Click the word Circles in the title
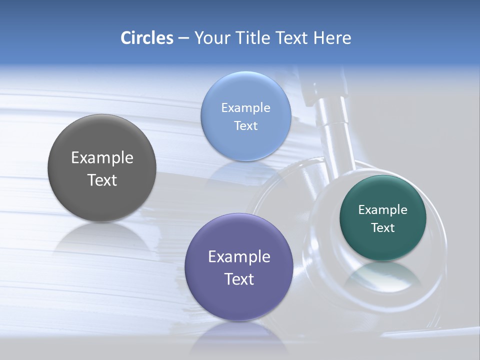point(147,38)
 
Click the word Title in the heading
point(253,38)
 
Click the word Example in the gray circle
point(102,158)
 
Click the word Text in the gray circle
point(102,180)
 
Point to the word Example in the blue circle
point(246,107)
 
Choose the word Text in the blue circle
point(246,125)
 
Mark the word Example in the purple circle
point(239,257)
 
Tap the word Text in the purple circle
point(239,279)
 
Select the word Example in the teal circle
point(383,209)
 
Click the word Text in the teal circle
point(383,228)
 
